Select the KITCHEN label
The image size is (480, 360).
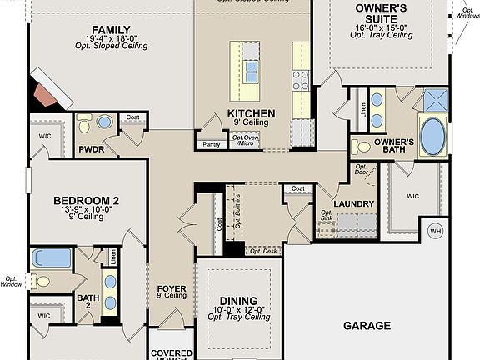252,113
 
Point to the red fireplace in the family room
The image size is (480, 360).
45,90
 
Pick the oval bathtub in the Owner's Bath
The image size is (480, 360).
433,137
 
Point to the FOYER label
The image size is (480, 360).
172,289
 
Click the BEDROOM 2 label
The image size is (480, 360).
86,200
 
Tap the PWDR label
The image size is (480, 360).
90,150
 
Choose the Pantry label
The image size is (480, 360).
211,145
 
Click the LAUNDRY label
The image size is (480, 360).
353,203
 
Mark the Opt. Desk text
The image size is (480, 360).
264,251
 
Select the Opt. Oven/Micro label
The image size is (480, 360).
244,140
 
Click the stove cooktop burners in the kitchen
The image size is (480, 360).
300,80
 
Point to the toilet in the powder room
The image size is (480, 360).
103,122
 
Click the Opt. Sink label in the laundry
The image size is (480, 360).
327,217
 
